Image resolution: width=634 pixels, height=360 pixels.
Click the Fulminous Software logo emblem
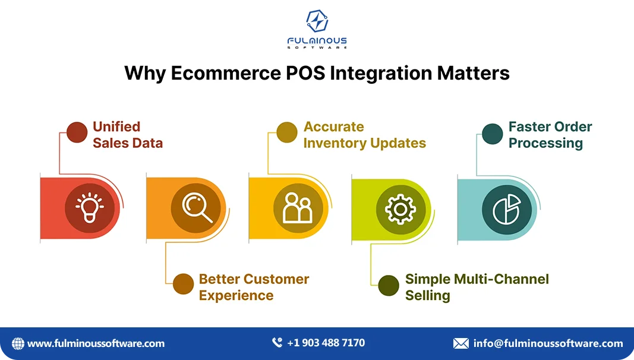[x=317, y=21]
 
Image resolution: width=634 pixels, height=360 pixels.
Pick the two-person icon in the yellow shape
[x=298, y=209]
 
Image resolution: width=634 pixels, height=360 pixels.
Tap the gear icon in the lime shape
[x=400, y=209]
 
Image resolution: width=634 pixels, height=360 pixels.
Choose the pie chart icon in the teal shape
[x=506, y=209]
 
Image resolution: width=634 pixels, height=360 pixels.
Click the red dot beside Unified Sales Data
[x=77, y=132]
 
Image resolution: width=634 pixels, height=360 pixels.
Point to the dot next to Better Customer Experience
[x=184, y=284]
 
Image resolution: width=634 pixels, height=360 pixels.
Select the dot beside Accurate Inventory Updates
[x=288, y=132]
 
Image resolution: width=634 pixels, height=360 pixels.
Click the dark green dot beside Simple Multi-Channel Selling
[x=389, y=285]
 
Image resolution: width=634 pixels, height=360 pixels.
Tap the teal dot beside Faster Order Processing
[x=493, y=134]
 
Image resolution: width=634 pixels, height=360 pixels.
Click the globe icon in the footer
[x=18, y=343]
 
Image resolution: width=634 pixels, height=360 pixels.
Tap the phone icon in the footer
[x=277, y=343]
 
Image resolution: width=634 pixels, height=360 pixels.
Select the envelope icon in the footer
[x=460, y=343]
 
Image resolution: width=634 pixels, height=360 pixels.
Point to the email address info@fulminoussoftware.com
[x=548, y=343]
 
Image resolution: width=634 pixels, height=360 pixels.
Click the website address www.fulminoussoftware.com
[x=96, y=343]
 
